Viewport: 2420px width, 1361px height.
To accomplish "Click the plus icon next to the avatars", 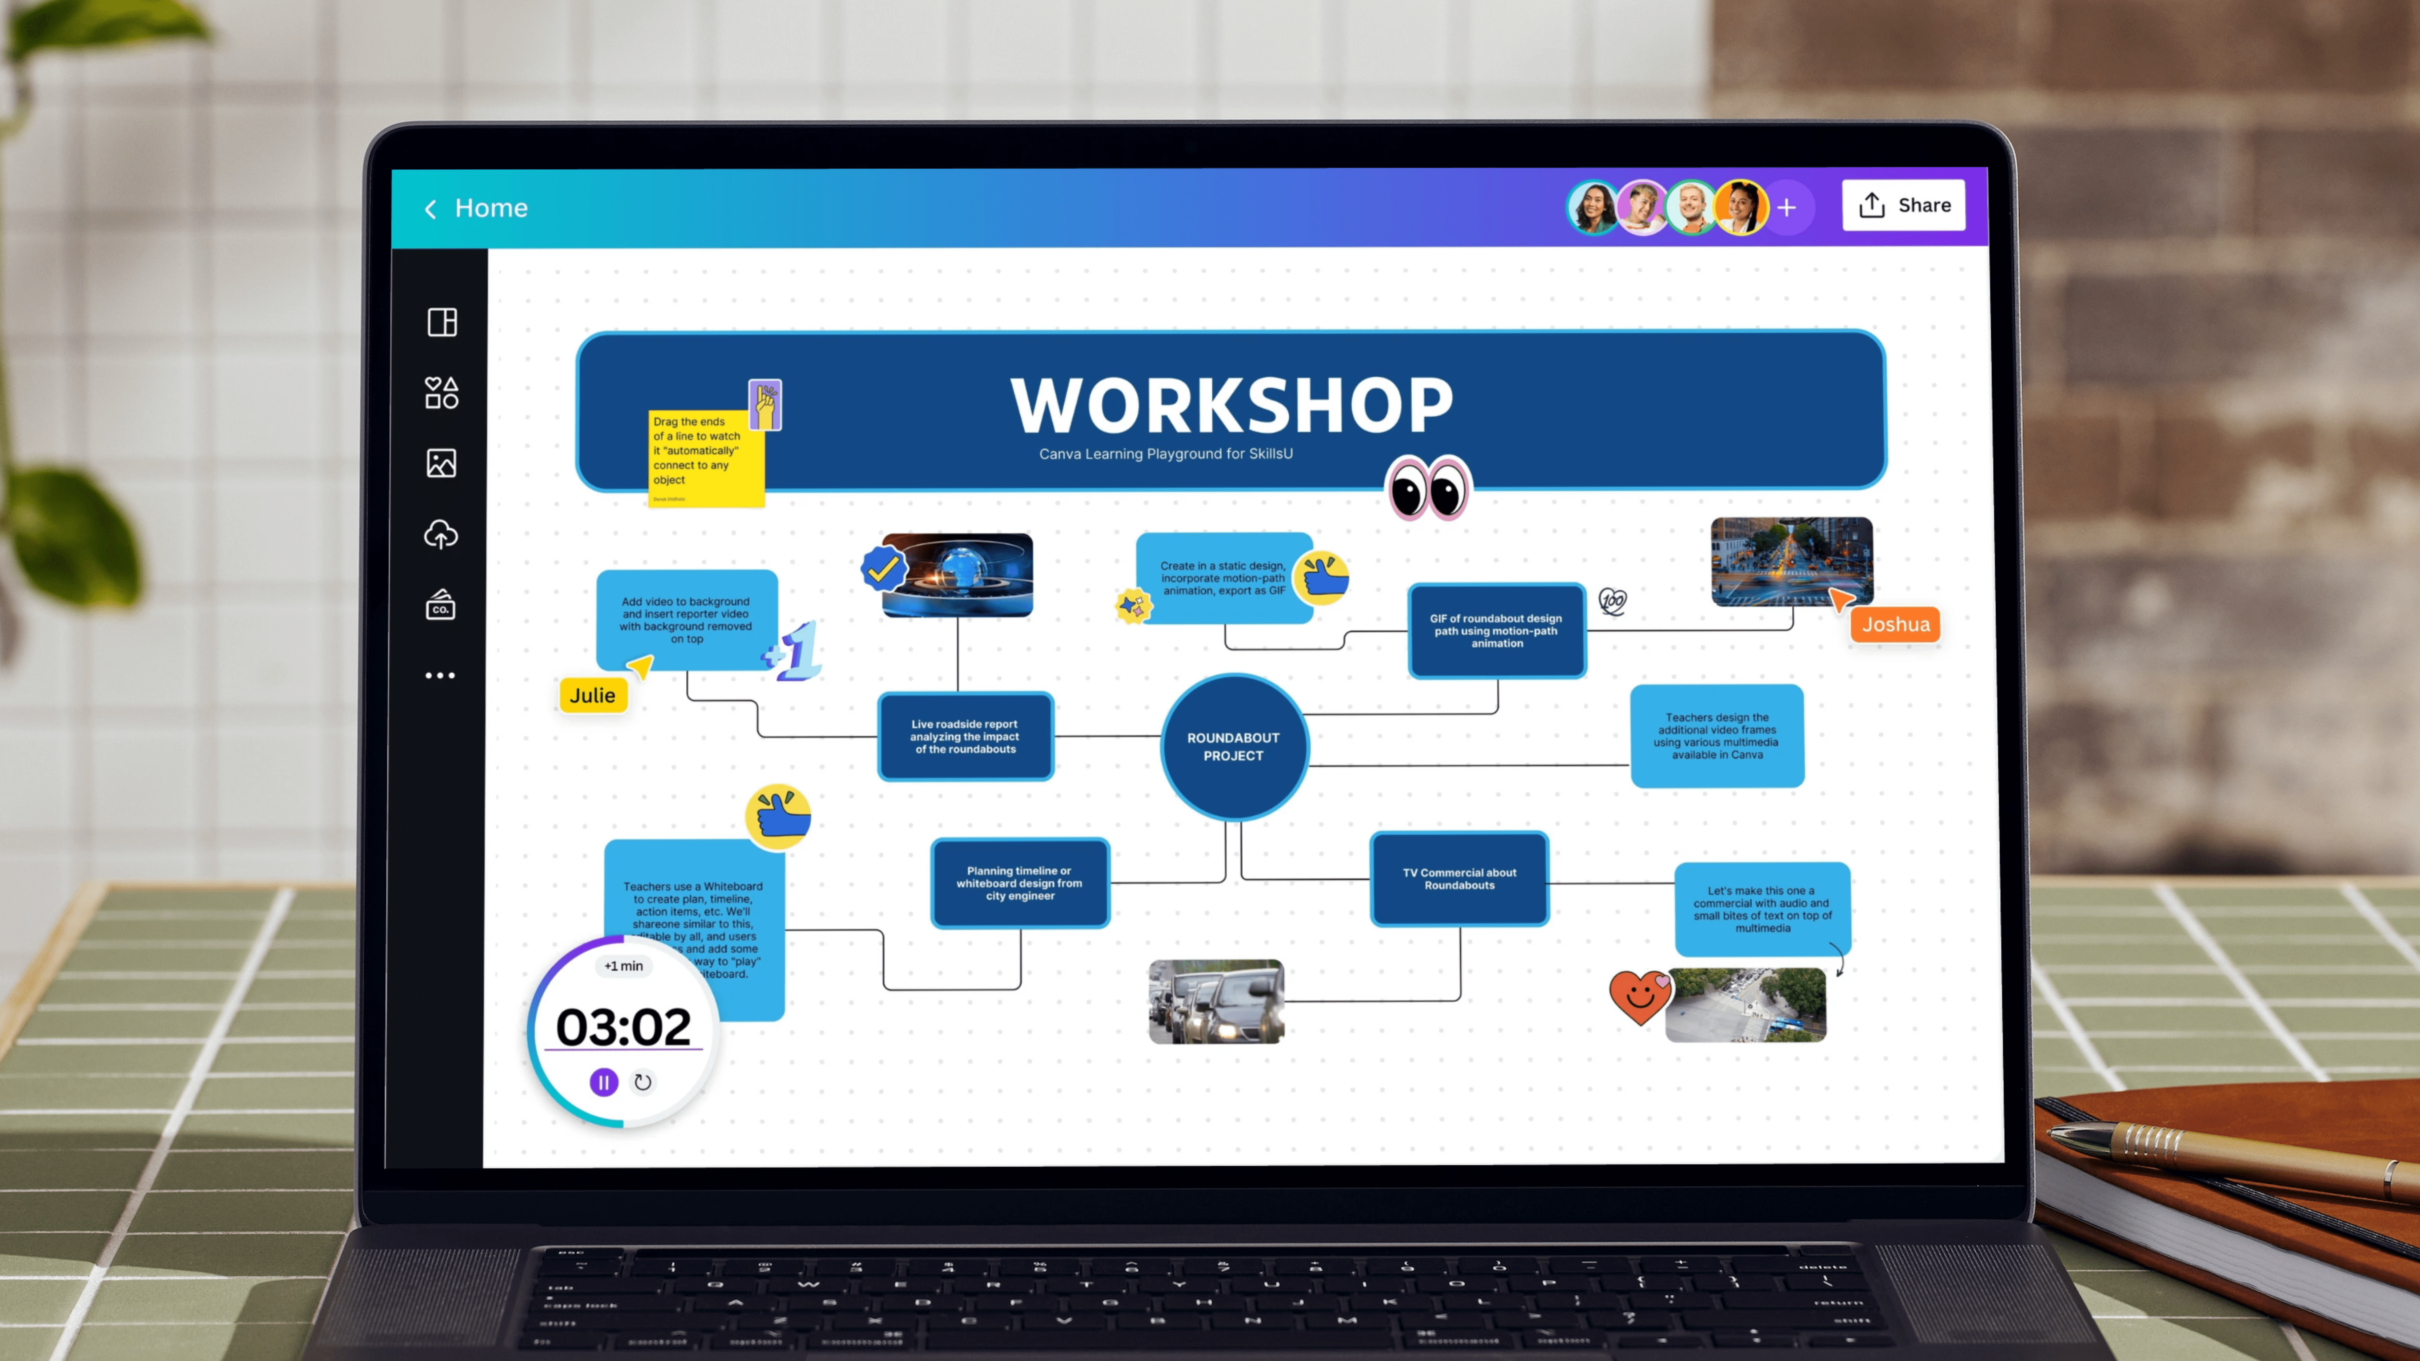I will point(1787,208).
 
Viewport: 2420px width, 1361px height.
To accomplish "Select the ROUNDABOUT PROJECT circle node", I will point(1233,747).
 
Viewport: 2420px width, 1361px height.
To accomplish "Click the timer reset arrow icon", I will point(643,1082).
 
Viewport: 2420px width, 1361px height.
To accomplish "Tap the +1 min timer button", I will point(624,965).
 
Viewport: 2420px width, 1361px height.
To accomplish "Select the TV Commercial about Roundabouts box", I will point(1459,879).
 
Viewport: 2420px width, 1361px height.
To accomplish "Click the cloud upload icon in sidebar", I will point(440,534).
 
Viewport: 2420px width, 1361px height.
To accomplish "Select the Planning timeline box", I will point(1019,883).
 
